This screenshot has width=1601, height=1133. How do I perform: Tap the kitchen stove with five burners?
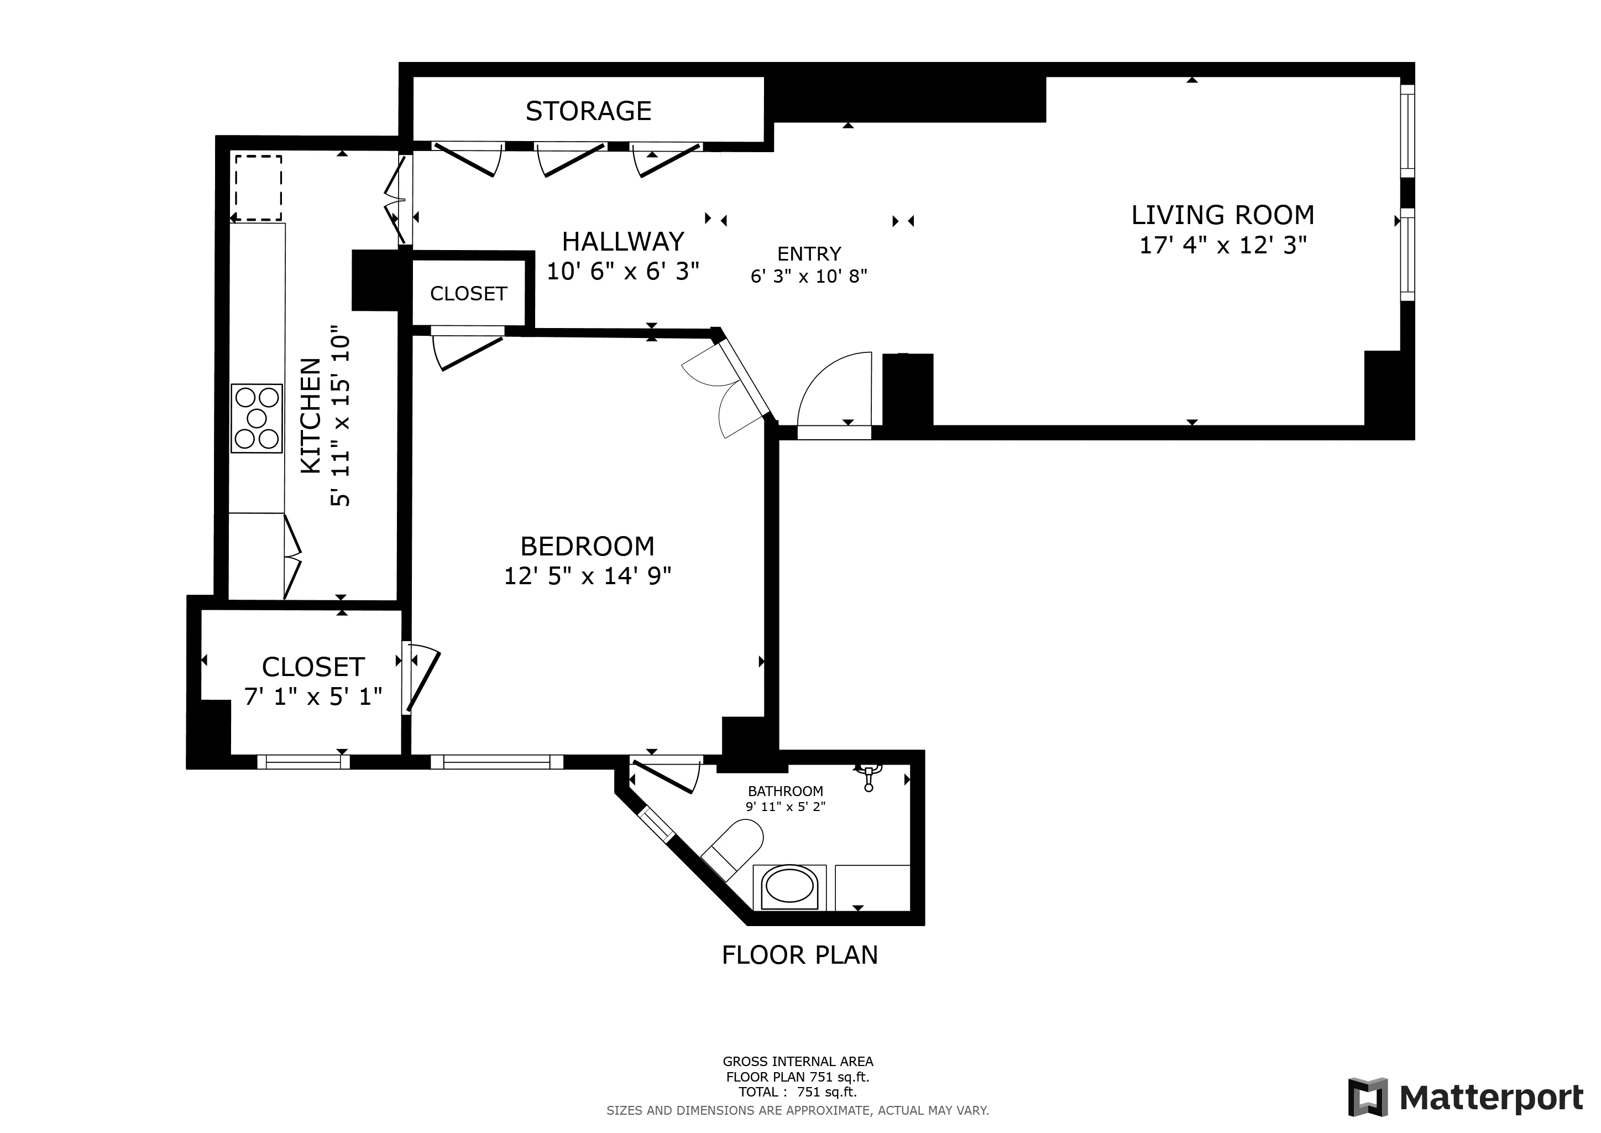pyautogui.click(x=257, y=419)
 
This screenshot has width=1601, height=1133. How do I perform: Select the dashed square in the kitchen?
pyautogui.click(x=258, y=188)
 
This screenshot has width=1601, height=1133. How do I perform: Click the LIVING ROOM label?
pyautogui.click(x=1222, y=215)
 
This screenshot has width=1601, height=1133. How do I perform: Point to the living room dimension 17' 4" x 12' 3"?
pyautogui.click(x=1222, y=246)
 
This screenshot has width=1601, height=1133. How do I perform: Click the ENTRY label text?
pyautogui.click(x=809, y=253)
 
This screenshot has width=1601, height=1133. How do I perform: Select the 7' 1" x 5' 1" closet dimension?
pyautogui.click(x=313, y=697)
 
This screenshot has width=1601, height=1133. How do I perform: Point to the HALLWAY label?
pyautogui.click(x=622, y=241)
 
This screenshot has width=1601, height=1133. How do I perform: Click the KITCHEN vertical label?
pyautogui.click(x=311, y=416)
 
